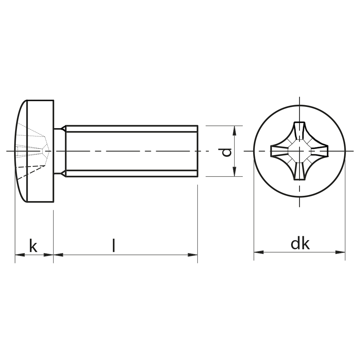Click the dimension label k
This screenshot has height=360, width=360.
pyautogui.click(x=33, y=246)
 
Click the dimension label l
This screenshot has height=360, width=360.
pyautogui.click(x=114, y=245)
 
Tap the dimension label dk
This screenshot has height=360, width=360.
pyautogui.click(x=300, y=244)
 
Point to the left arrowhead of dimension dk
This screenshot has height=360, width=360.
pyautogui.click(x=258, y=252)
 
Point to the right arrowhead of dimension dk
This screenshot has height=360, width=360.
pyautogui.click(x=340, y=252)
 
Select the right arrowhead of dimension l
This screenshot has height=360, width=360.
pyautogui.click(x=193, y=255)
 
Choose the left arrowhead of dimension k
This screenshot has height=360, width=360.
pyautogui.click(x=20, y=255)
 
